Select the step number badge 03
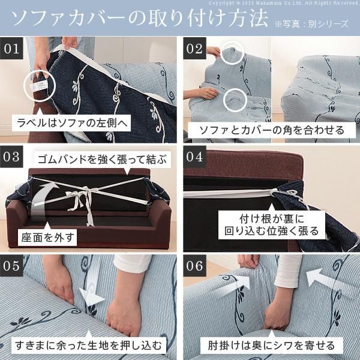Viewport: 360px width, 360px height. point(13,158)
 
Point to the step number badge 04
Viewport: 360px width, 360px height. point(196,158)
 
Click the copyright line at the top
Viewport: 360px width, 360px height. point(289,3)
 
